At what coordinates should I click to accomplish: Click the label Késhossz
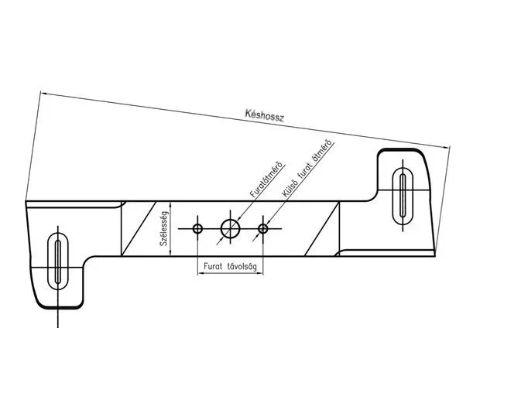(265, 116)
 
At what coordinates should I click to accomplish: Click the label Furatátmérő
(265, 179)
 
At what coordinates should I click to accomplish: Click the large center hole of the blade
(230, 228)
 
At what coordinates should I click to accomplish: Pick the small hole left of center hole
(197, 228)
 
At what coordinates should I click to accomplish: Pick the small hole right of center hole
(263, 228)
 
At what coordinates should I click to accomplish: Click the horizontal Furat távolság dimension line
(230, 275)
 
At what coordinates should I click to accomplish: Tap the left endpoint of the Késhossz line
(42, 93)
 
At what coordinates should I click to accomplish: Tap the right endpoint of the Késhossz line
(450, 148)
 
